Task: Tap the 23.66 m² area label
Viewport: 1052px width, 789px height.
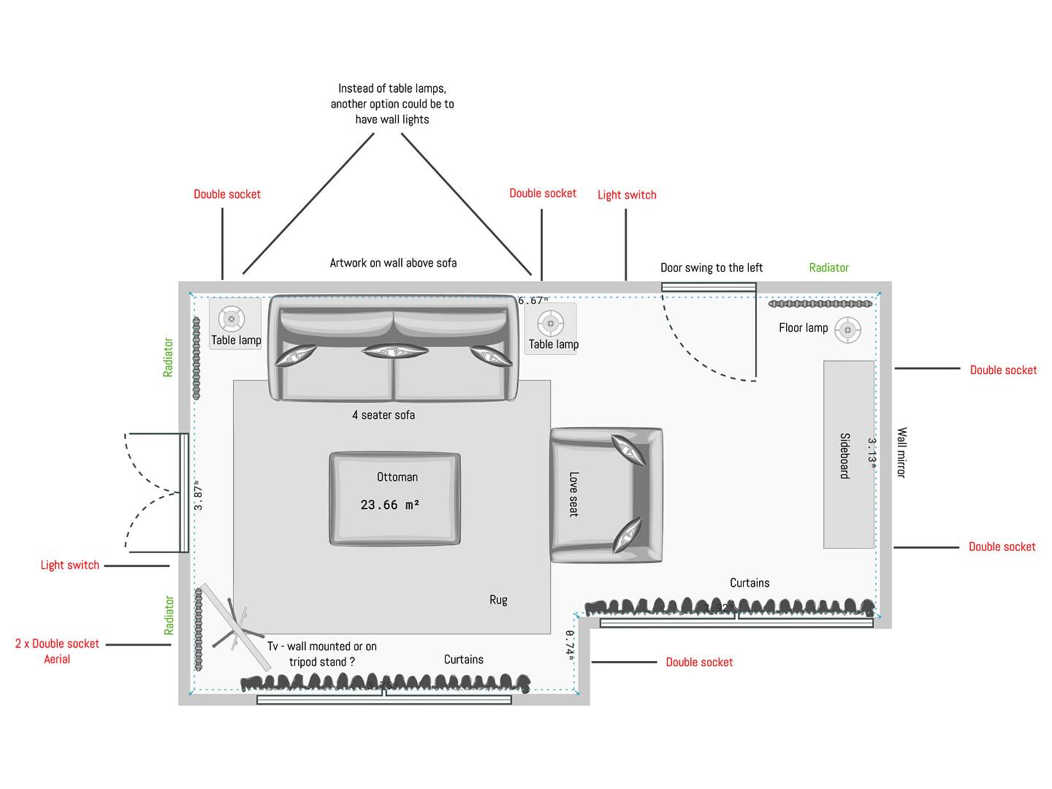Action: (389, 505)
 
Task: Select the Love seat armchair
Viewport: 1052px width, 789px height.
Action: (606, 495)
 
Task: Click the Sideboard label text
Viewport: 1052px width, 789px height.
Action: (845, 456)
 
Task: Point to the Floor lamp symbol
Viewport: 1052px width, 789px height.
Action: (847, 330)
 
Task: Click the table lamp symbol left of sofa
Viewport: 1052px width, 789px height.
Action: (232, 319)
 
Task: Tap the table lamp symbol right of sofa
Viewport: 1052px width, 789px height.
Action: (550, 323)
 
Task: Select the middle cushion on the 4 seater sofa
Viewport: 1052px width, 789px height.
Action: (394, 351)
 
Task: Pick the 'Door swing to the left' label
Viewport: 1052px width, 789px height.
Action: (711, 267)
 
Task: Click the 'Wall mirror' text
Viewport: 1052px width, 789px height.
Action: (902, 453)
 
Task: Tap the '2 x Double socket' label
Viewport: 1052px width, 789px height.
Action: (57, 644)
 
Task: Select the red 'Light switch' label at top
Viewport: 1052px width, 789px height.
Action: (627, 194)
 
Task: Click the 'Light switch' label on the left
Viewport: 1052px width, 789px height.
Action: (69, 565)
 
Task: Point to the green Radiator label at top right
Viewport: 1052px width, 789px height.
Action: (828, 267)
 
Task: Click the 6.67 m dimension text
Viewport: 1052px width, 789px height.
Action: (533, 300)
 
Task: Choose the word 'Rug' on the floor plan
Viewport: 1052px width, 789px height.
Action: (498, 600)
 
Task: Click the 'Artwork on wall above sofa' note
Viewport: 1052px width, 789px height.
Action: (393, 263)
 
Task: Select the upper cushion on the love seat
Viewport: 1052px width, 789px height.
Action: (629, 449)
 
